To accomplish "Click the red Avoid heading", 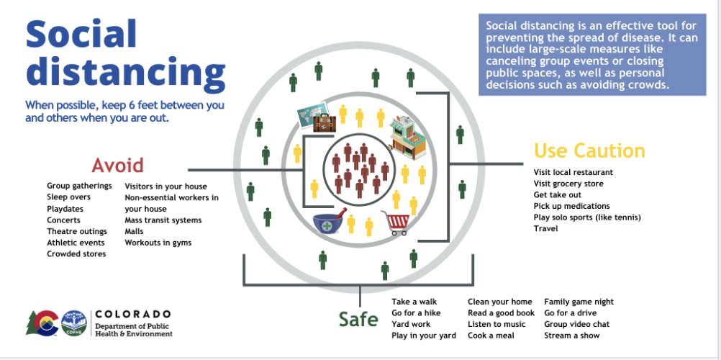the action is tap(118, 165).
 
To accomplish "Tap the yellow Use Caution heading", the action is tap(589, 150).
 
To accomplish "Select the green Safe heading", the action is tap(358, 319).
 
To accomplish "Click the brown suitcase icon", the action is tap(325, 123).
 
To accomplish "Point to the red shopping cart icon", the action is tap(396, 222).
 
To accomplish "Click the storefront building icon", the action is tap(407, 138).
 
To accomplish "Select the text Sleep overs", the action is tap(68, 197).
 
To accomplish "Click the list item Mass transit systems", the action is tap(163, 220).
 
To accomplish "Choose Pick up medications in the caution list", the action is tap(571, 206).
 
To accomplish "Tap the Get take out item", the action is tap(558, 194).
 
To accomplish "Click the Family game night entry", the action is tap(579, 302).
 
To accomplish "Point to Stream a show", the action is tap(572, 336).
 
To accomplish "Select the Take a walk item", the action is tap(414, 302).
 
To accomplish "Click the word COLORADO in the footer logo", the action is tap(133, 314).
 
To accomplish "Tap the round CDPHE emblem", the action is tap(74, 323).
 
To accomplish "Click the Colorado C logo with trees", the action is tap(42, 323).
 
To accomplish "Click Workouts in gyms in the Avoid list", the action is tap(158, 243).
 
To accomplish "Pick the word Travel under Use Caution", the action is tap(546, 228).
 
